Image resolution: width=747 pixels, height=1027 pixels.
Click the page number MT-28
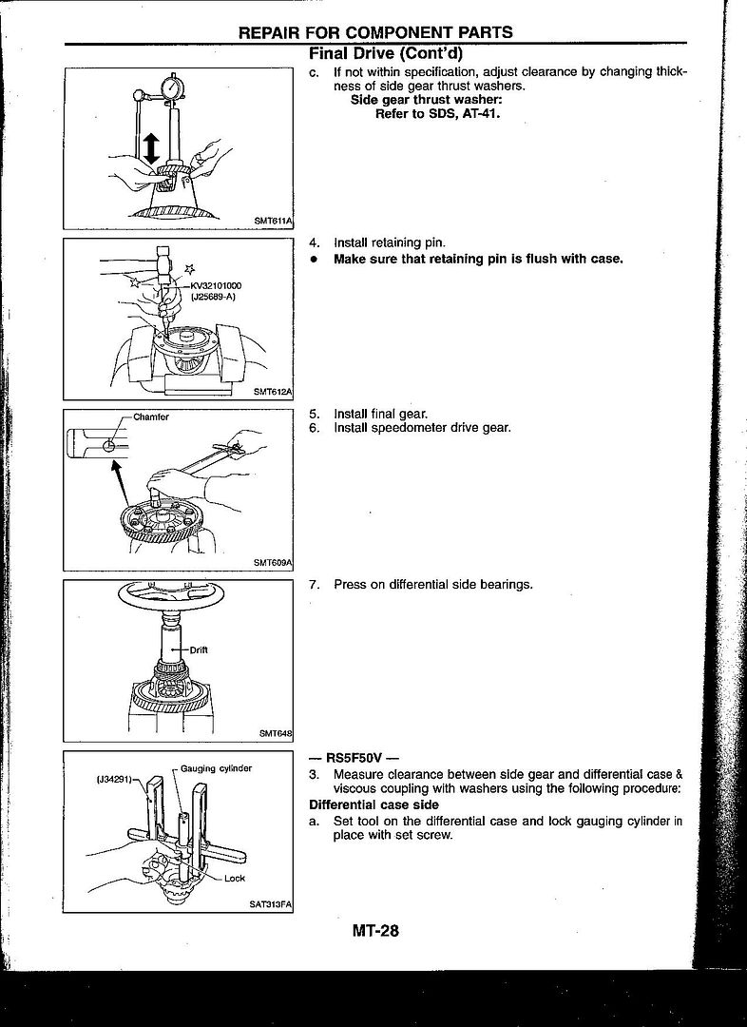tap(375, 931)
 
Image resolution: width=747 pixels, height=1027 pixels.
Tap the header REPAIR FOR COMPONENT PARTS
tap(375, 32)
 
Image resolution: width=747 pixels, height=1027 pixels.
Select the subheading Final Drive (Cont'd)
tap(386, 53)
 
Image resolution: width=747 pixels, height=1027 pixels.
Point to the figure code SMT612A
tap(273, 391)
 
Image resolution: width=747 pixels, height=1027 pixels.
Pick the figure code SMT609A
tap(273, 562)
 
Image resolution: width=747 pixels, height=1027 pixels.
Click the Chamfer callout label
tap(151, 417)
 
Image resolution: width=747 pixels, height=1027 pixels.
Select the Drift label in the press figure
tap(199, 649)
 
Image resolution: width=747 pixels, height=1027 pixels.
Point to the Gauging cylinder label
tap(216, 768)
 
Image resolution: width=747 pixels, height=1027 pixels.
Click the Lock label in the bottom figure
tap(234, 879)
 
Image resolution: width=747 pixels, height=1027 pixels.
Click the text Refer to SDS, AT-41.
tap(438, 112)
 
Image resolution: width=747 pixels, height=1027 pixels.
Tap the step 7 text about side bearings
tap(432, 584)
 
